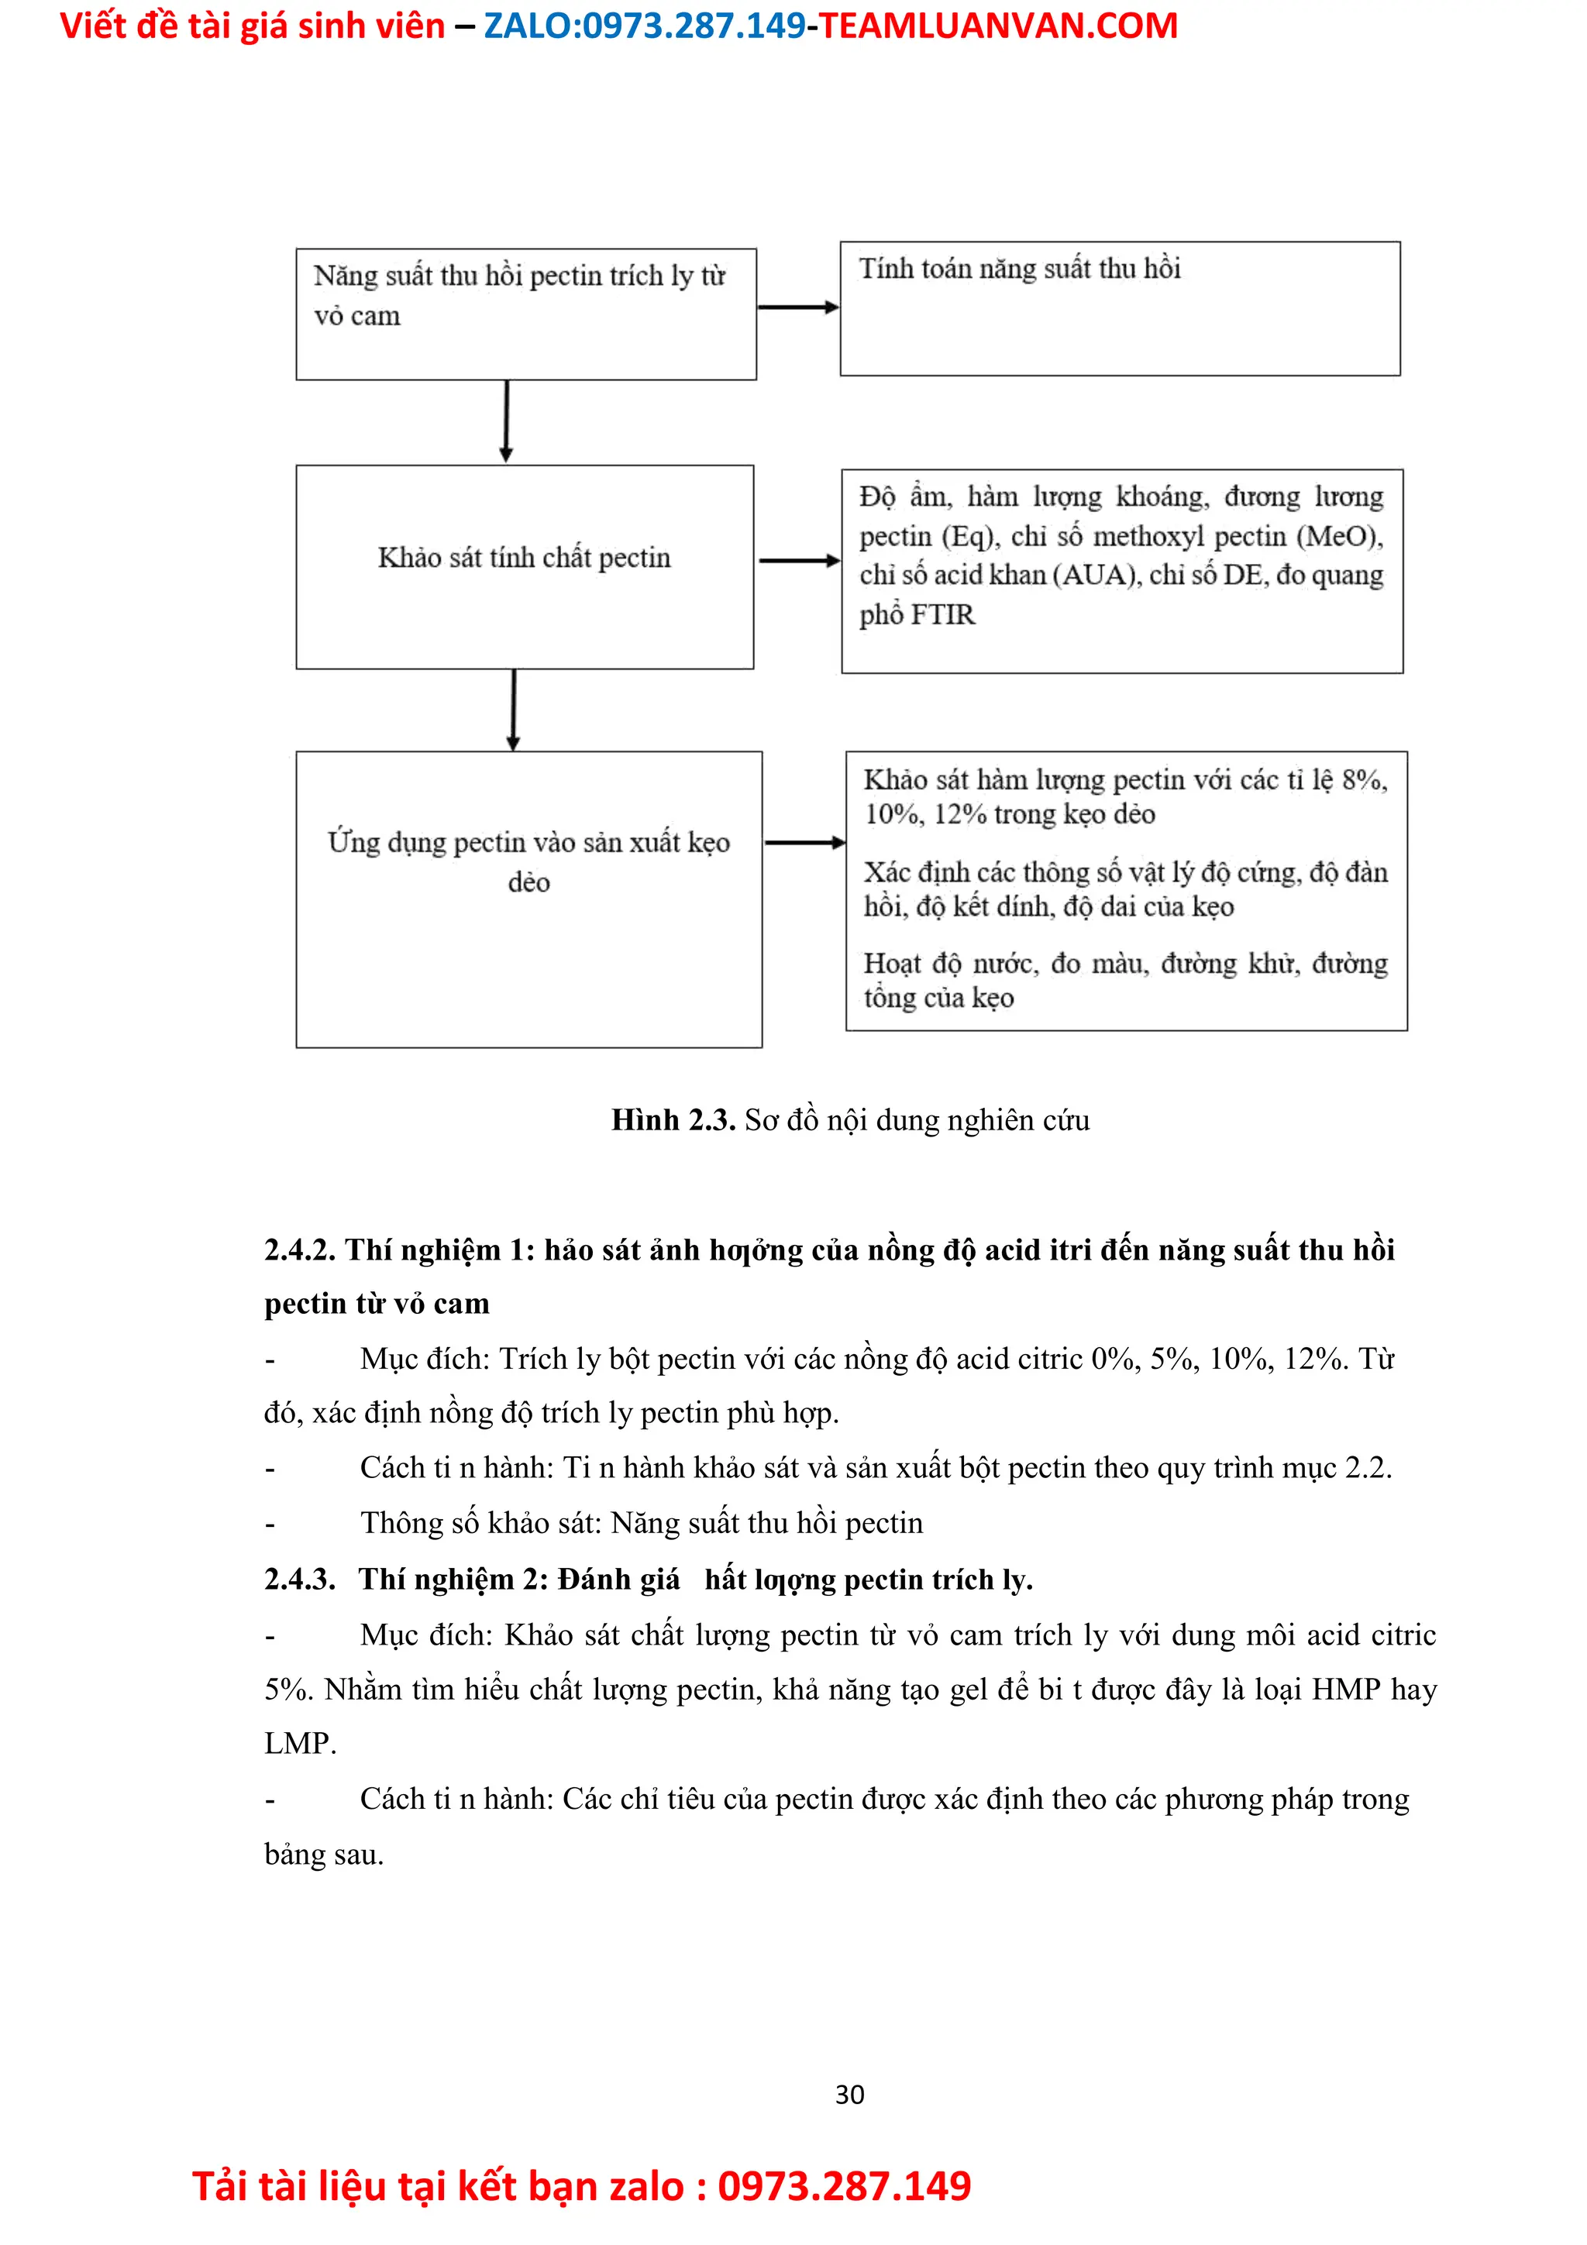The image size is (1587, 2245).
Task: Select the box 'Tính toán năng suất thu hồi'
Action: [1120, 308]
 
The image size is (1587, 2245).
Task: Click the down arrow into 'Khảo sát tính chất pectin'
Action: [505, 421]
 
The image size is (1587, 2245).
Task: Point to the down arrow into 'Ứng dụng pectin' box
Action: [513, 709]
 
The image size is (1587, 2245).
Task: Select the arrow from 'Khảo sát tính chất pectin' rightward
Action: [798, 560]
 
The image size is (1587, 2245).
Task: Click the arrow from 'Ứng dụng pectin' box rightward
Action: [804, 842]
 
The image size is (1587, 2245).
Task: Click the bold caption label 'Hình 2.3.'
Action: [673, 1119]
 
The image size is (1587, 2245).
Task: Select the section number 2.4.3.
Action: [299, 1579]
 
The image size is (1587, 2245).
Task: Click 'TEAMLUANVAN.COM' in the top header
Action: [997, 26]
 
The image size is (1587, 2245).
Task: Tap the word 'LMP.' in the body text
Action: [300, 1743]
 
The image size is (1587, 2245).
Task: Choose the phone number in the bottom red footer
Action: [844, 2186]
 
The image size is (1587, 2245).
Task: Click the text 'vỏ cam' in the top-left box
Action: [357, 316]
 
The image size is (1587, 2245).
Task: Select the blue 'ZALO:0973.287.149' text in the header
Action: [645, 26]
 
